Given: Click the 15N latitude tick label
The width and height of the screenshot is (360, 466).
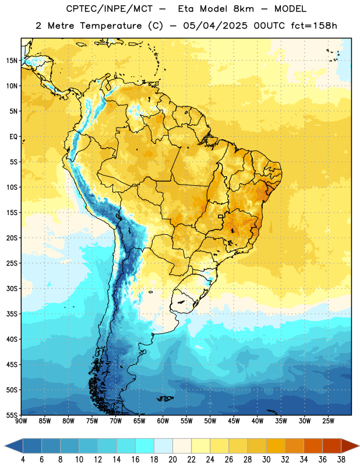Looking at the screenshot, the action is click(12, 61).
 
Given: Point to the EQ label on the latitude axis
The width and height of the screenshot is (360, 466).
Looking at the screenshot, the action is click(13, 137).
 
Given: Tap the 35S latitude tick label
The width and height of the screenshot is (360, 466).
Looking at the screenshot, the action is click(12, 314).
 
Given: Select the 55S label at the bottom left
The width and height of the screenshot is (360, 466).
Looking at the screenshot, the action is click(12, 415).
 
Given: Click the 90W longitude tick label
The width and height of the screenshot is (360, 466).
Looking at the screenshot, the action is click(21, 421).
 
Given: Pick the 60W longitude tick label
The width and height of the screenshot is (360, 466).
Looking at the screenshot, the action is click(163, 421).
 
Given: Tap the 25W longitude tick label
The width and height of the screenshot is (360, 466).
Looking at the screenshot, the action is click(328, 421).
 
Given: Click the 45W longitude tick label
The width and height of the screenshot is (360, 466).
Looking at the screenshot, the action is click(234, 421).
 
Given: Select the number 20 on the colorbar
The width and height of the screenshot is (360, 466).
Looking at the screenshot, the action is click(172, 460).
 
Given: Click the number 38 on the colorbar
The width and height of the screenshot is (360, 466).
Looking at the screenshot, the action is click(341, 460).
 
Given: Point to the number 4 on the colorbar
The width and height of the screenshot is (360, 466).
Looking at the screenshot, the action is click(23, 460).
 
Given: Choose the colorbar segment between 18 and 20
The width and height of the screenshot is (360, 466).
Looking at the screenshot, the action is click(163, 446).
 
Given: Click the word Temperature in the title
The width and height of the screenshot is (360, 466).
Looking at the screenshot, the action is click(111, 26).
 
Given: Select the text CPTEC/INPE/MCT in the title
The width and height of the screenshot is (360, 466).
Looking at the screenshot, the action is click(109, 9).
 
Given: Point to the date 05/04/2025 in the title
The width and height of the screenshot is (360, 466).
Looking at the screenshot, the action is click(215, 26).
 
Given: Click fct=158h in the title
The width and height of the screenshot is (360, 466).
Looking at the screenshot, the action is click(314, 26).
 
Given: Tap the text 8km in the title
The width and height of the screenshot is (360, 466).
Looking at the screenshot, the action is click(243, 9).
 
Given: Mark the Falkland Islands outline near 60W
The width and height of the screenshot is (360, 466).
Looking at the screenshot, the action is click(165, 398).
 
